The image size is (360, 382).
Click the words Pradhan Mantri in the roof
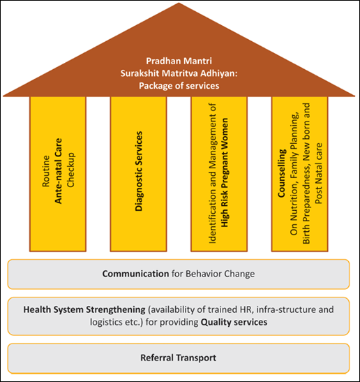[x=179, y=61]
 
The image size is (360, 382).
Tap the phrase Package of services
[x=179, y=86]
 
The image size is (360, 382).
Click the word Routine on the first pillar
[x=46, y=171]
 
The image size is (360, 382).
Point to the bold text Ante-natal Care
[x=58, y=171]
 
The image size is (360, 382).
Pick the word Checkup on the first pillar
[x=70, y=170]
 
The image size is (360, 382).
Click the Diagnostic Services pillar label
[x=139, y=171]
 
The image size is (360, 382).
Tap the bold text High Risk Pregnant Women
[x=225, y=172]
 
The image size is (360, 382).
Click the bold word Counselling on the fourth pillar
[x=282, y=173]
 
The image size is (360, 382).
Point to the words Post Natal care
[x=319, y=173]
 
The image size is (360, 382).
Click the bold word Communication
[x=135, y=274]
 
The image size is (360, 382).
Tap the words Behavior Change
[x=220, y=274]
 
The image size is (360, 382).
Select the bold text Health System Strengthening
[x=84, y=309]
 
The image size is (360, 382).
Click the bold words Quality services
[x=234, y=323]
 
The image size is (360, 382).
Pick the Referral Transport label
[x=179, y=358]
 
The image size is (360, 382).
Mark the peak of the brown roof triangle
[x=179, y=3]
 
